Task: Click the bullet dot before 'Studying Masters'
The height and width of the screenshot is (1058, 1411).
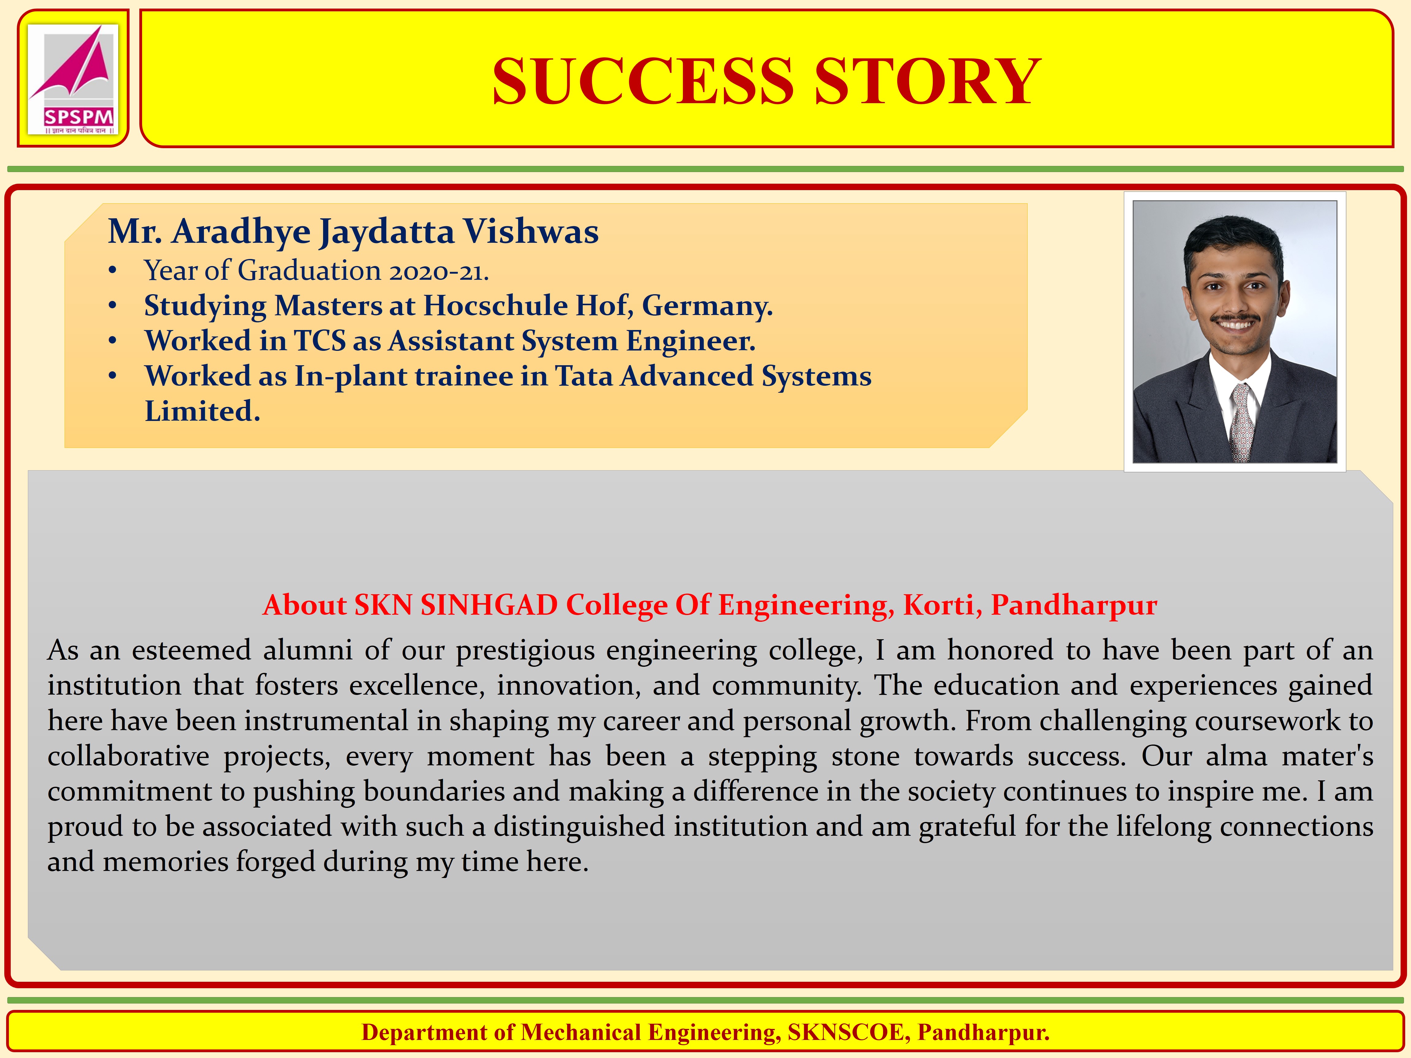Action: pyautogui.click(x=112, y=307)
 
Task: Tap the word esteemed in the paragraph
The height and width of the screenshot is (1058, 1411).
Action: pyautogui.click(x=191, y=651)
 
